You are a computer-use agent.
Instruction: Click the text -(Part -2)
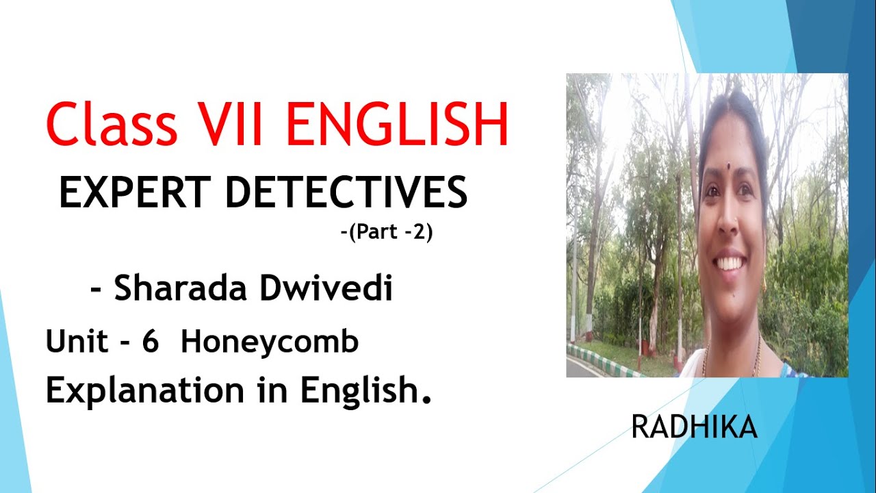click(x=387, y=233)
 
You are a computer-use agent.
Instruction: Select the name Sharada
click(x=178, y=289)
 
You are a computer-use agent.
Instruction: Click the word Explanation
click(x=144, y=391)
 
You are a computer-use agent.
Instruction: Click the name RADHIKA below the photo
click(x=694, y=428)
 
